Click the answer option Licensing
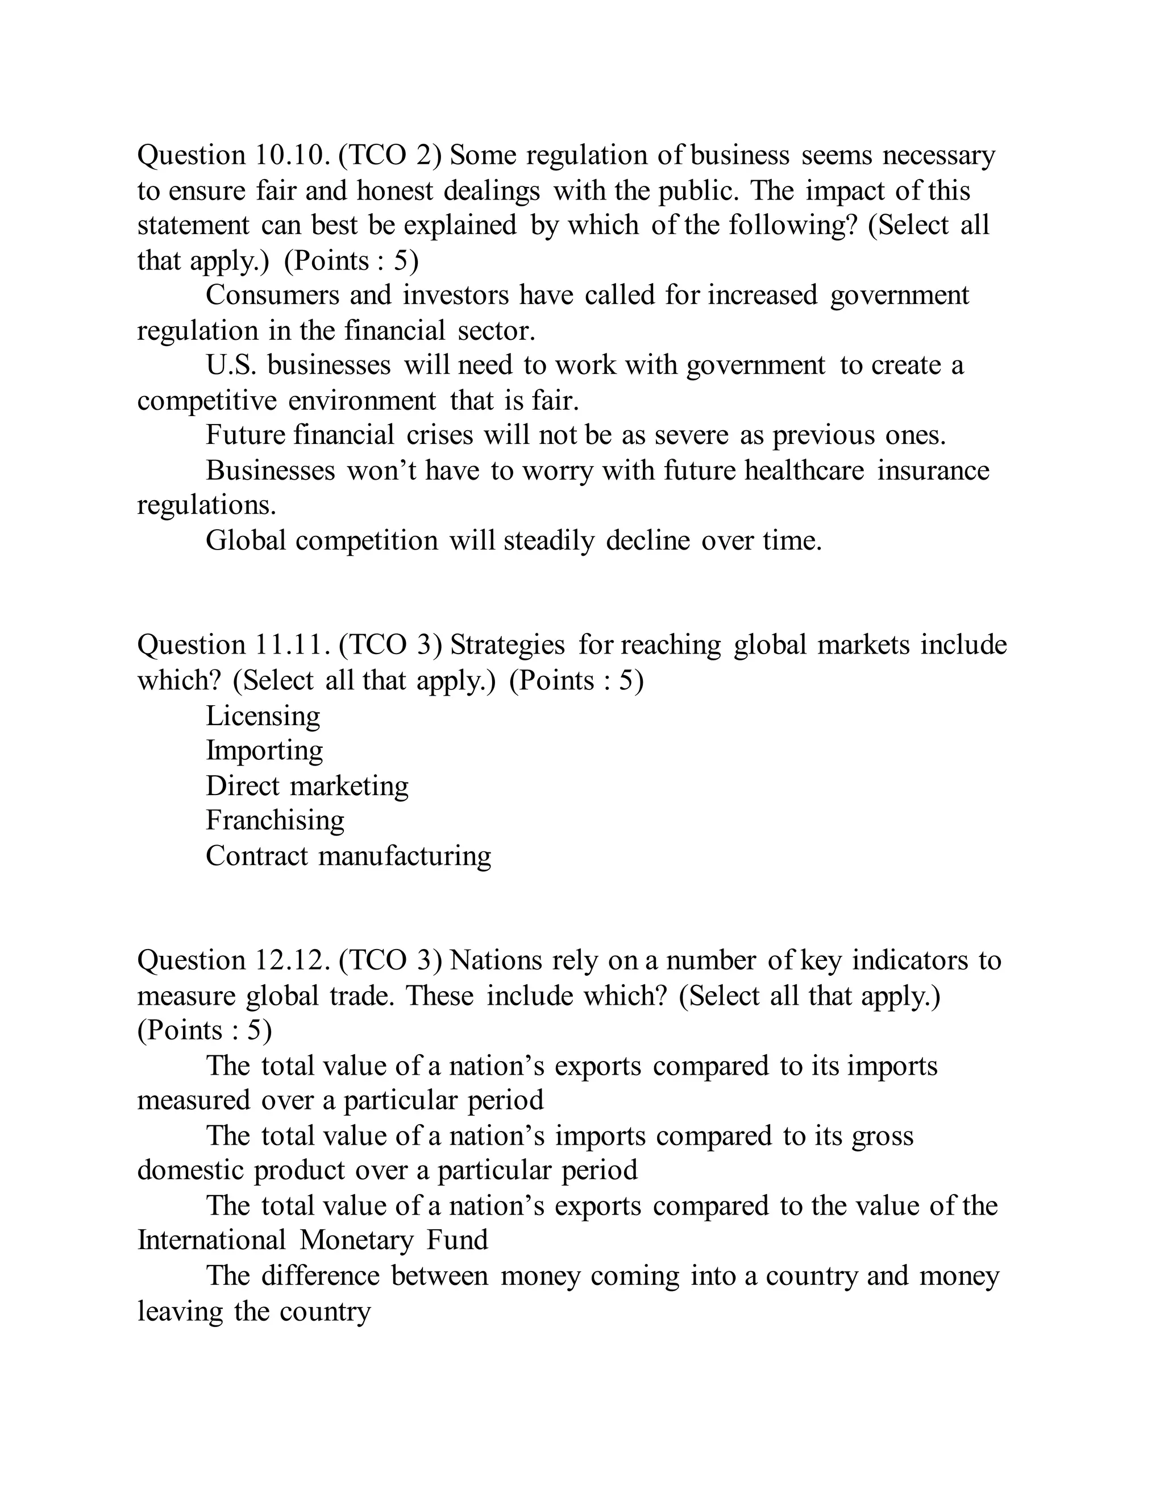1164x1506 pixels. coord(263,715)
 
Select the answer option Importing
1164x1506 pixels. coord(264,751)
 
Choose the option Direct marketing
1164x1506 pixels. coord(307,786)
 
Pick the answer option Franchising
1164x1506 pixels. coord(275,821)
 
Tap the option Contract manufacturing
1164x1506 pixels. coord(348,856)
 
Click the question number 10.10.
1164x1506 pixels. coord(292,155)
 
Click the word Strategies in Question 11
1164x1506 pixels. coord(508,645)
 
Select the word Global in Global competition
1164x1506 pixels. coord(246,540)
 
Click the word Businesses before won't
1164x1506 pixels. coord(271,471)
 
